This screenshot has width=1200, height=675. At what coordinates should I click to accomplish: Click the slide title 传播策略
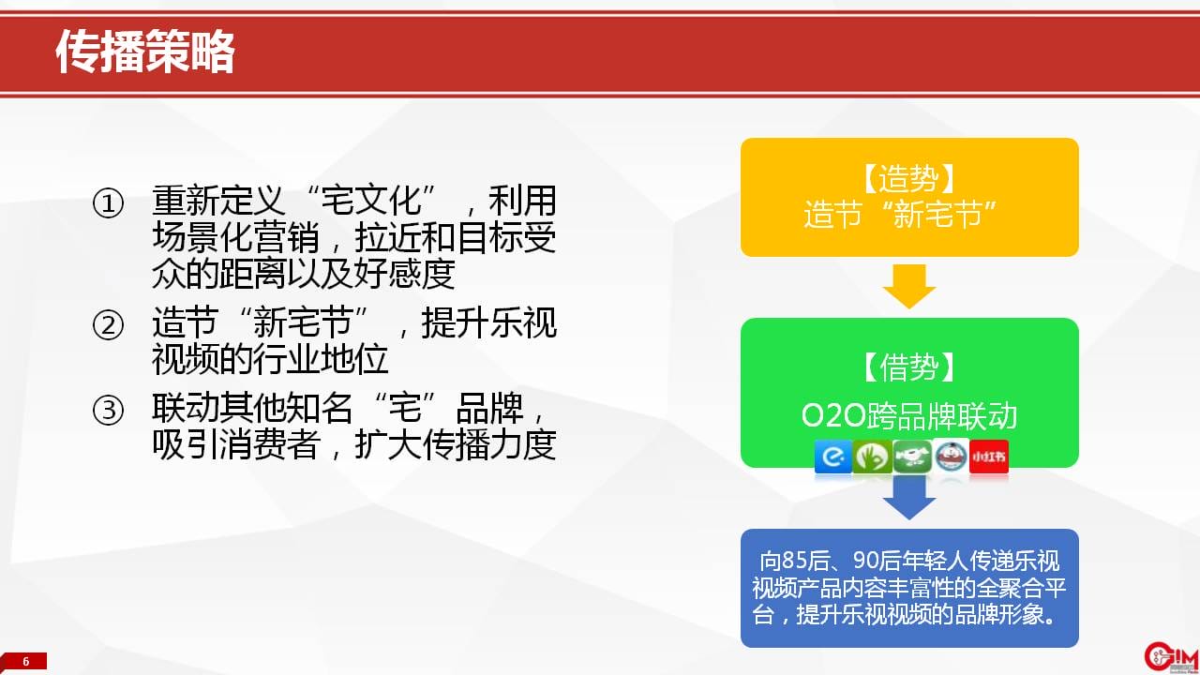(145, 52)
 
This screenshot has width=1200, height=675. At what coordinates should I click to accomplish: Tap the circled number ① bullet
(108, 203)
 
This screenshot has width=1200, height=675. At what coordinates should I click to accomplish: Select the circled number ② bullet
(108, 324)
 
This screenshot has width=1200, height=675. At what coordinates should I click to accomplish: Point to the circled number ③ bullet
(108, 410)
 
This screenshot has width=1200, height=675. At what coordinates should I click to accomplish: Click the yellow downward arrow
(909, 286)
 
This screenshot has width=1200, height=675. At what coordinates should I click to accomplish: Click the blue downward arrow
(909, 498)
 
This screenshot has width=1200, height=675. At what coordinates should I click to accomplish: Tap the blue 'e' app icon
(833, 457)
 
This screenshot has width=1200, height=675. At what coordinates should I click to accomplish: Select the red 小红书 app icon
(989, 457)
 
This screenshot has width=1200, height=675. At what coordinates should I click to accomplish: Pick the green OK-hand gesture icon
(872, 457)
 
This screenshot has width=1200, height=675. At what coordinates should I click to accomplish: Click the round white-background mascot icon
(951, 457)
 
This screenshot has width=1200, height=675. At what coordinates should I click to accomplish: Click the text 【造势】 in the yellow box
(909, 178)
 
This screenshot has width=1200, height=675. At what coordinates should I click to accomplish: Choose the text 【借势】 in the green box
(909, 367)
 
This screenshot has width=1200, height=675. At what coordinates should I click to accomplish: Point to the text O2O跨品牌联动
(909, 415)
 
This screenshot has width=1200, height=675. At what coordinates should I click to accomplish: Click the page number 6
(25, 661)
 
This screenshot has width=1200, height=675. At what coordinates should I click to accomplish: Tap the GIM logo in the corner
(1171, 657)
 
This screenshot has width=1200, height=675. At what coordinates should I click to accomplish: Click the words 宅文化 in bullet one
(371, 201)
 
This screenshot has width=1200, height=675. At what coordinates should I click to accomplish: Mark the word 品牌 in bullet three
(489, 408)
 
